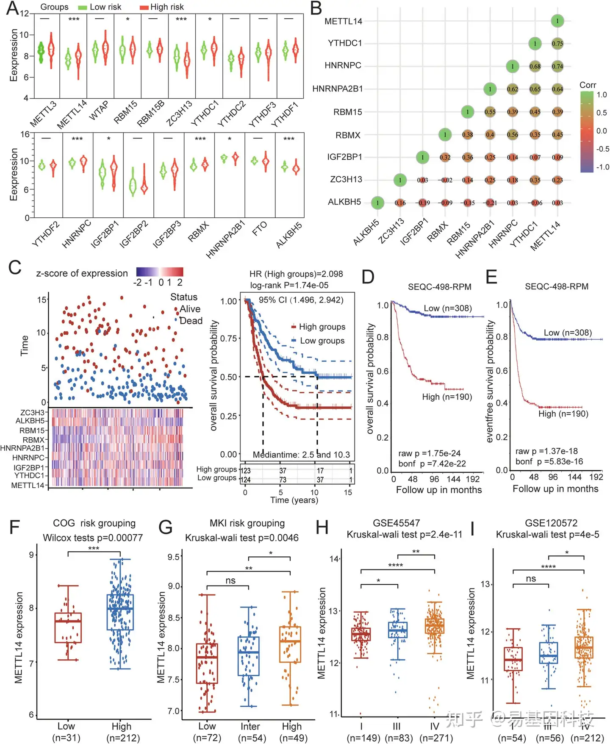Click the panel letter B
coord(316,8)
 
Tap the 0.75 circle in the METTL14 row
coord(557,44)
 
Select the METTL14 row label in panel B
coord(343,21)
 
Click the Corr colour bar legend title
coord(588,85)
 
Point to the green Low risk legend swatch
coord(83,7)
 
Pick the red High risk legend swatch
coord(144,7)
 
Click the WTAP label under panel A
coord(98,111)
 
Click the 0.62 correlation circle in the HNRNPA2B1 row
coord(512,89)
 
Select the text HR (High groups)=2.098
coord(296,274)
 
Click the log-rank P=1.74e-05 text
coord(289,285)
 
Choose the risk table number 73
coord(283,480)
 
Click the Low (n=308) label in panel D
coord(448,308)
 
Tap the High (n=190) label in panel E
coord(563,414)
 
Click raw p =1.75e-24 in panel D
coord(429,453)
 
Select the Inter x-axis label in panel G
coord(250,726)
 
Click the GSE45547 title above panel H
coord(396,523)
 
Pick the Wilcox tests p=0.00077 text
coord(93,538)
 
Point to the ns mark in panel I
coord(531,579)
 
